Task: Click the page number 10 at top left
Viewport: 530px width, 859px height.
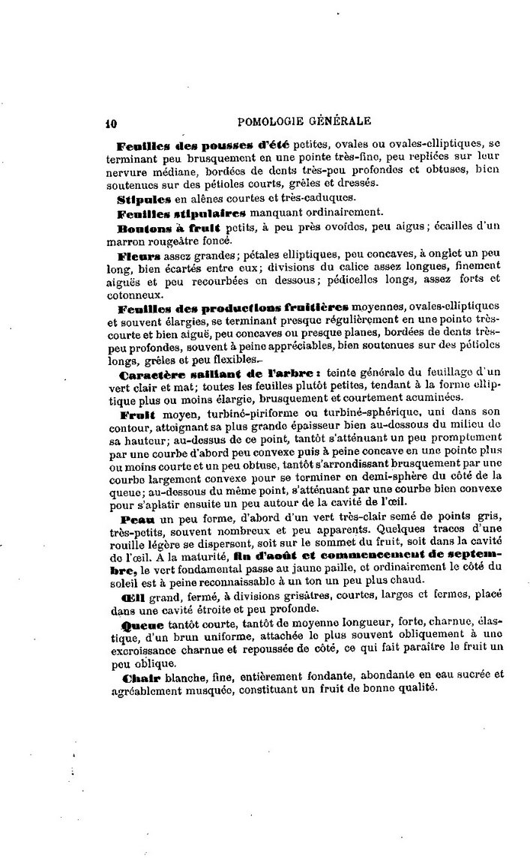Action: (x=109, y=121)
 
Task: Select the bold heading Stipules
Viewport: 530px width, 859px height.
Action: (x=141, y=200)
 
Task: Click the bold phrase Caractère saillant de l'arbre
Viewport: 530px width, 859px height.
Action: (x=220, y=373)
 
